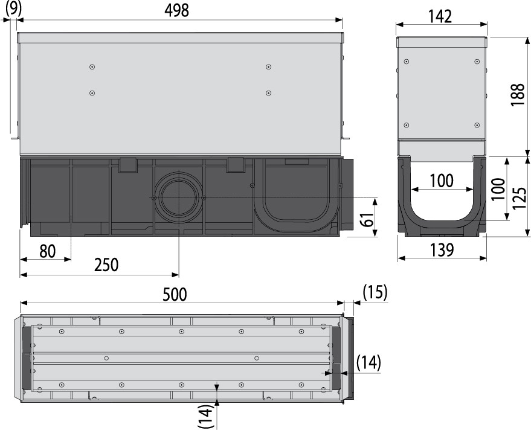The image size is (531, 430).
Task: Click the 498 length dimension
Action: pyautogui.click(x=176, y=10)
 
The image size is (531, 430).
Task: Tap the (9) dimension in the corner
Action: pyautogui.click(x=13, y=7)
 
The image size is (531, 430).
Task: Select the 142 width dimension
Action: pyautogui.click(x=440, y=16)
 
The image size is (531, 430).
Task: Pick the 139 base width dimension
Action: pyautogui.click(x=442, y=250)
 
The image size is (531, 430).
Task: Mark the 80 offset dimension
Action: pyautogui.click(x=47, y=251)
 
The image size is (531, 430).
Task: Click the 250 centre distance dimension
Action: pyautogui.click(x=106, y=265)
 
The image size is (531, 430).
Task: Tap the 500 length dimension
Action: pyautogui.click(x=175, y=294)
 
